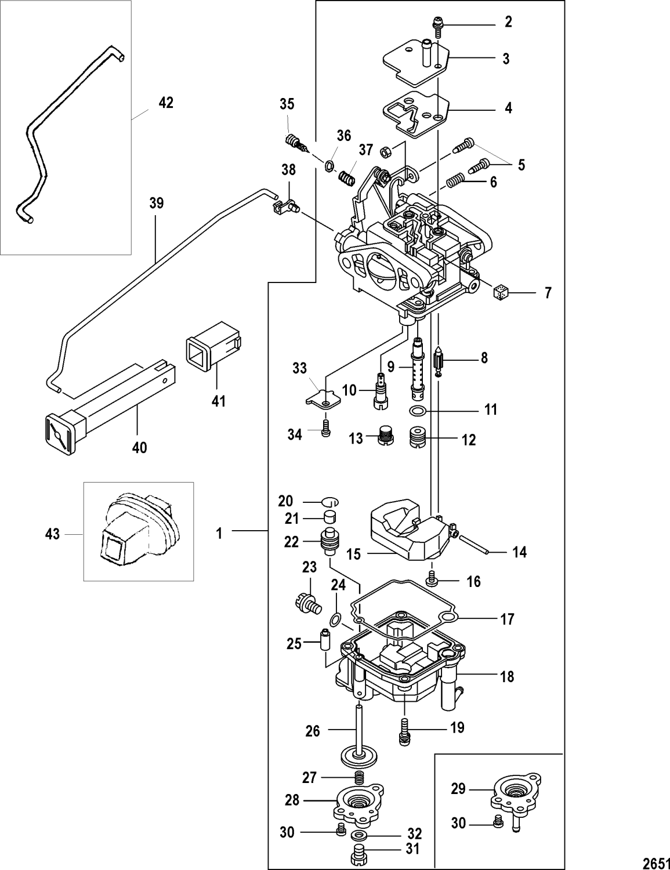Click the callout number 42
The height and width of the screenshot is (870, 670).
tap(166, 103)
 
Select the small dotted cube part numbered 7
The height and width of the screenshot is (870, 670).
tap(499, 292)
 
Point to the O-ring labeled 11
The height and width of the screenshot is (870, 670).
tap(417, 411)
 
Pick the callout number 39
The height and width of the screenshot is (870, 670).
tap(156, 204)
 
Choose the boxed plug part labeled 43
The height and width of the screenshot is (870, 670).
tap(137, 531)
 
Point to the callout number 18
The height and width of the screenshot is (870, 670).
tap(506, 676)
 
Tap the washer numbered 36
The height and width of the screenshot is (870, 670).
tap(329, 166)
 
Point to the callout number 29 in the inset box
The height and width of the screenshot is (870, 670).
tap(458, 789)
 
